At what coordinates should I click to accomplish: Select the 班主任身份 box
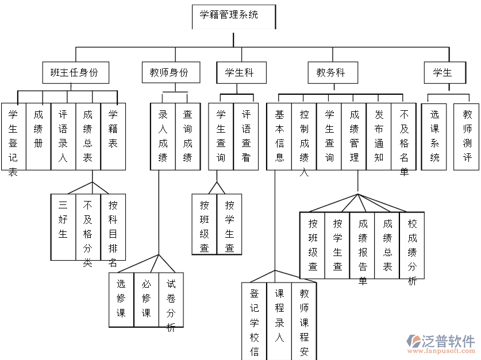pyautogui.click(x=75, y=73)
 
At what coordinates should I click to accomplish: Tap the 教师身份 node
pyautogui.click(x=169, y=73)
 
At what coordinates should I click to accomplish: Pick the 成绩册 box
pyautogui.click(x=39, y=137)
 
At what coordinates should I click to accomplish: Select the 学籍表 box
pyautogui.click(x=113, y=137)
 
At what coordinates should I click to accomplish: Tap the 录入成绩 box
pyautogui.click(x=163, y=137)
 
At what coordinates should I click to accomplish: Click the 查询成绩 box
pyautogui.click(x=188, y=137)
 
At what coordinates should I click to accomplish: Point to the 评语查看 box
pyautogui.click(x=246, y=137)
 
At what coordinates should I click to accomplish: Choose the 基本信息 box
pyautogui.click(x=279, y=137)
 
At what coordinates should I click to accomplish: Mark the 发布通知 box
pyautogui.click(x=379, y=137)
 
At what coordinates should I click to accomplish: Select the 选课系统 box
pyautogui.click(x=435, y=137)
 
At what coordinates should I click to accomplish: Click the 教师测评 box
pyautogui.click(x=467, y=137)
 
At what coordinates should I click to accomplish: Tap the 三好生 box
pyautogui.click(x=63, y=227)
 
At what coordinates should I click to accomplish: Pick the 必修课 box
pyautogui.click(x=147, y=299)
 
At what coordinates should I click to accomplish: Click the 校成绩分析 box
pyautogui.click(x=412, y=245)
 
